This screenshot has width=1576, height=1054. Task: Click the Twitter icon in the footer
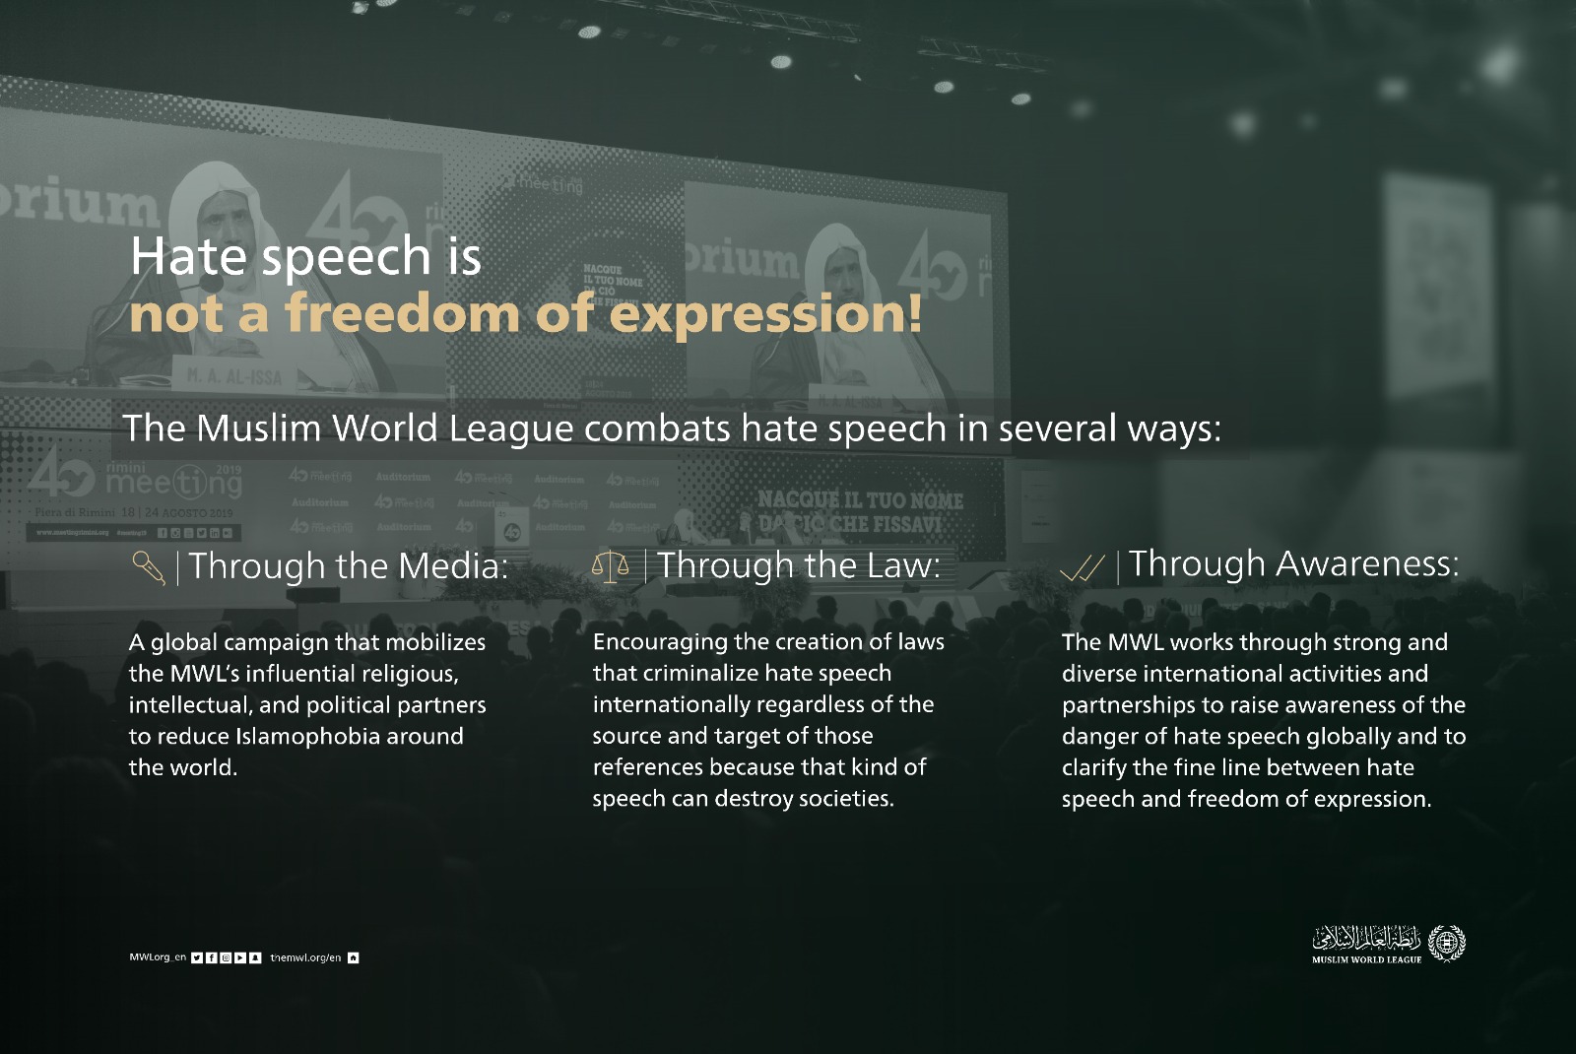197,957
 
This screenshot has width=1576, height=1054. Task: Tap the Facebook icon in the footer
212,957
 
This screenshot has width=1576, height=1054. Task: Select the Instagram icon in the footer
226,957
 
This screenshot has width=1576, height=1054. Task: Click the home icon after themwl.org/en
354,957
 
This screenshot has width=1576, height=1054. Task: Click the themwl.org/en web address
305,957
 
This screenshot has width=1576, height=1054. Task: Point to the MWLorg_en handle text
158,957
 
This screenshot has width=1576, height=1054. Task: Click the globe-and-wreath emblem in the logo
1446,943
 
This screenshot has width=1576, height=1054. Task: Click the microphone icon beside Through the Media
148,567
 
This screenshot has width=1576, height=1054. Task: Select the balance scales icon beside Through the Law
610,566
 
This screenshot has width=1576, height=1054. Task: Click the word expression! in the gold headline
766,314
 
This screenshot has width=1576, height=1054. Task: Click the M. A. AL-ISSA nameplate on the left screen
233,376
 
